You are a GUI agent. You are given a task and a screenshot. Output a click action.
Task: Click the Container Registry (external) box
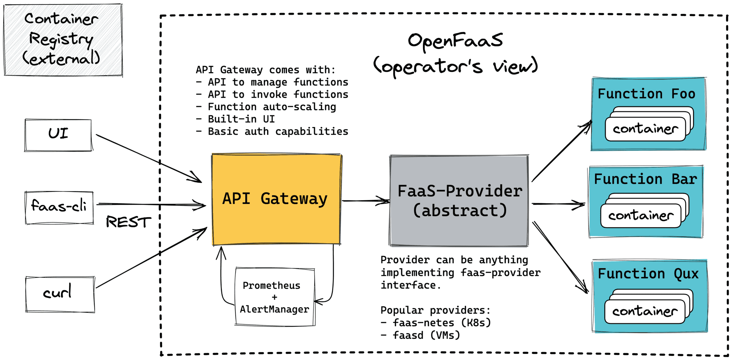click(x=63, y=40)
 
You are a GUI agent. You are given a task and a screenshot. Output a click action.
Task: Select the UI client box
click(x=58, y=135)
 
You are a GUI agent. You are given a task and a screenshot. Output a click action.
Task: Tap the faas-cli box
click(x=59, y=207)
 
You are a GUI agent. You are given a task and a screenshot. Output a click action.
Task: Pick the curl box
click(x=60, y=294)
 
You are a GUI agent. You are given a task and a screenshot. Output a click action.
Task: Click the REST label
click(x=128, y=222)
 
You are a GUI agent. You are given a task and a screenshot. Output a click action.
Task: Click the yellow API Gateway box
click(x=276, y=199)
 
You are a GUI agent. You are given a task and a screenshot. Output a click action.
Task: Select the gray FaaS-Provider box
click(x=459, y=201)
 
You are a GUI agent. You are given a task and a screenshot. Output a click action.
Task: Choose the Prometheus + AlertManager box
click(x=274, y=297)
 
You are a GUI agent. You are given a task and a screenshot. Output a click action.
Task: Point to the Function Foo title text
click(x=646, y=94)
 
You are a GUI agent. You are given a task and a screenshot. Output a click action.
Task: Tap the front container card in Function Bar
click(x=640, y=216)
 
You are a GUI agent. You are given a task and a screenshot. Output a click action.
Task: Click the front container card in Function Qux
click(x=645, y=312)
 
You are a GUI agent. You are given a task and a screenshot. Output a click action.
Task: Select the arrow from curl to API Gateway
click(x=150, y=258)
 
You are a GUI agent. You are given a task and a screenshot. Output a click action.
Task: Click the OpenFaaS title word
click(x=455, y=41)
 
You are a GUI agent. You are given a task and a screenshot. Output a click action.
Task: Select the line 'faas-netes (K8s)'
click(x=436, y=323)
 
